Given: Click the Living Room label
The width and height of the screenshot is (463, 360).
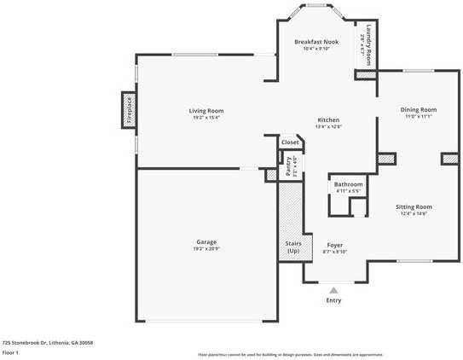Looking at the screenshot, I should coord(205,110).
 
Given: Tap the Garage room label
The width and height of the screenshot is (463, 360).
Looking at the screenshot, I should coord(205,241).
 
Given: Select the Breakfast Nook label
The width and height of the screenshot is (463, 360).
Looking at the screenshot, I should coord(317,42).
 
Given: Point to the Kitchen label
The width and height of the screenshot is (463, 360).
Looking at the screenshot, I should coord(328,119).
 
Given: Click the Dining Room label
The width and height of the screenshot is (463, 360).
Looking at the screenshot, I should coord(419,109).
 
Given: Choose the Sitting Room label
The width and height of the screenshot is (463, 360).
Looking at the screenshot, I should coord(414,206).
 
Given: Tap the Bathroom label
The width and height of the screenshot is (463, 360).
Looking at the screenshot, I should coord(348,184).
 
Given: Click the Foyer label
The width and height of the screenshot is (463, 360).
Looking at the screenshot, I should coord(334,245).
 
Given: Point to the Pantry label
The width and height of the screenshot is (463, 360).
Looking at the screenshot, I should coord(289,165).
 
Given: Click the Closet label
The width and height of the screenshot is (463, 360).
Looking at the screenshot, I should coord(290,142).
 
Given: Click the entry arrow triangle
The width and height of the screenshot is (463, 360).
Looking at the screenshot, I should coord(333,290).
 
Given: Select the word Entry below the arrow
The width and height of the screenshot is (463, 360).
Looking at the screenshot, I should coord(333,300).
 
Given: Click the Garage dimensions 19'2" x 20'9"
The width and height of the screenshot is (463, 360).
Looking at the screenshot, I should coord(205,248).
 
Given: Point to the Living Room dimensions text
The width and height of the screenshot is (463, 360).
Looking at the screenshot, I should coord(205,117).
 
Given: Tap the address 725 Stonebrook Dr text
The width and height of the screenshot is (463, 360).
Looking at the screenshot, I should coord(47,342).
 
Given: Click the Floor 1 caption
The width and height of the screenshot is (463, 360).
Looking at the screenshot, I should coord(11,351).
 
